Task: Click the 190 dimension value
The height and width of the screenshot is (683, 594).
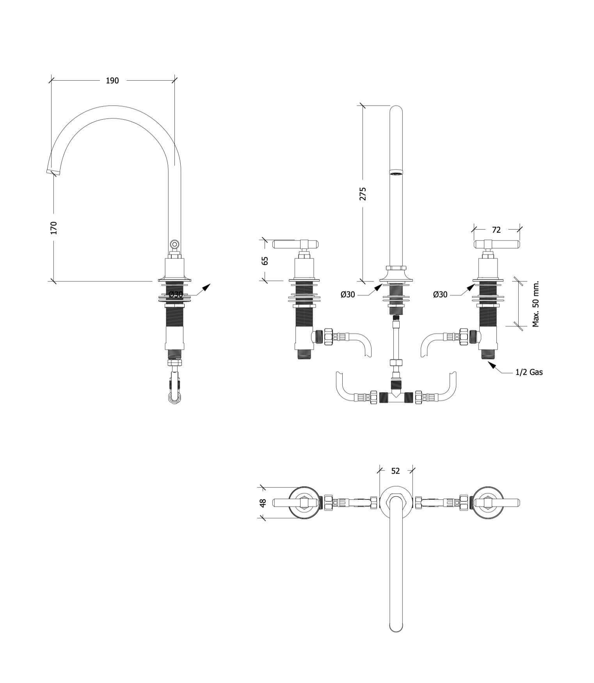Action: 112,81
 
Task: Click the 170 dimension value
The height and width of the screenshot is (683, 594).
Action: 54,228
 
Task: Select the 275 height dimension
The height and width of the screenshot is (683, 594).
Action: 363,194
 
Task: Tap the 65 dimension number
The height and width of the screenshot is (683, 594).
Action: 265,261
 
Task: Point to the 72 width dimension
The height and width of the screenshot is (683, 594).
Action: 496,230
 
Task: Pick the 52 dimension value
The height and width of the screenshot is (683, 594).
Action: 395,471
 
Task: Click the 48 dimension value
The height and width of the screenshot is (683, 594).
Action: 263,503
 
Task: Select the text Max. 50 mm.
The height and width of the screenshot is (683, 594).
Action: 535,304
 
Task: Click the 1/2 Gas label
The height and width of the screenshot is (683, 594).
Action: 529,372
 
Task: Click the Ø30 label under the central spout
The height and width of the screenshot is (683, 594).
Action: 348,295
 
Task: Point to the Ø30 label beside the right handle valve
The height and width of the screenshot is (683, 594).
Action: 440,295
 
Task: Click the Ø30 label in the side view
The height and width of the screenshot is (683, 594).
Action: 176,295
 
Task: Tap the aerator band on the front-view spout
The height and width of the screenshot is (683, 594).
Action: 396,172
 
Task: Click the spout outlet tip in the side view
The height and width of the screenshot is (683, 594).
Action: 53,171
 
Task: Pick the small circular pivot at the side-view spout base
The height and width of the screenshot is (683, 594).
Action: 174,244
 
